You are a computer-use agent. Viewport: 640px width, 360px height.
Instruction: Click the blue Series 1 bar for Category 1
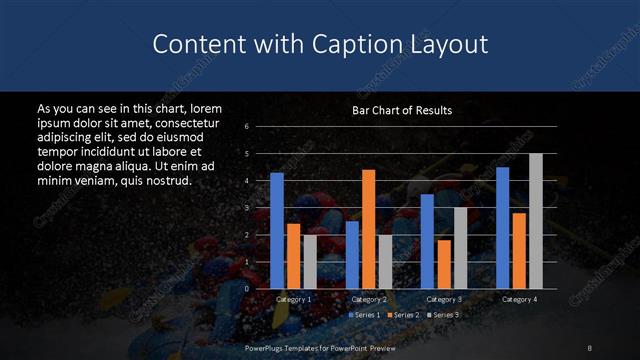pyautogui.click(x=277, y=231)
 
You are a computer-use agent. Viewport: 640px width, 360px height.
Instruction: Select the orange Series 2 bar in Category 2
pyautogui.click(x=368, y=229)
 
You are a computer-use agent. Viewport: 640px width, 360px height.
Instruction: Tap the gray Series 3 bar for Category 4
pyautogui.click(x=535, y=221)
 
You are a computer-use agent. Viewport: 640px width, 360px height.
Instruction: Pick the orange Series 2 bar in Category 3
pyautogui.click(x=444, y=264)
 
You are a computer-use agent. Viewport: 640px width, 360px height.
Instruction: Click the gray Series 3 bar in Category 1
pyautogui.click(x=309, y=262)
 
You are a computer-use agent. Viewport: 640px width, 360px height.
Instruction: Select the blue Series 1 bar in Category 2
pyautogui.click(x=352, y=255)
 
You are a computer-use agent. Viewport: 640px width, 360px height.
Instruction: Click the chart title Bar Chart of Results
pyautogui.click(x=402, y=110)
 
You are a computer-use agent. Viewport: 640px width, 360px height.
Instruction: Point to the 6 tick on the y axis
pyautogui.click(x=246, y=126)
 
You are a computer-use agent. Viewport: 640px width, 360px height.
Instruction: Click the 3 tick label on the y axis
pyautogui.click(x=246, y=208)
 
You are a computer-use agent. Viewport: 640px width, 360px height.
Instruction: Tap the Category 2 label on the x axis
pyautogui.click(x=369, y=299)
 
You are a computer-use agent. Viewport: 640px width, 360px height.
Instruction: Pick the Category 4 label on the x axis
pyautogui.click(x=519, y=299)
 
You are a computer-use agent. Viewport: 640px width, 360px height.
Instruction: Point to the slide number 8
pyautogui.click(x=590, y=347)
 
